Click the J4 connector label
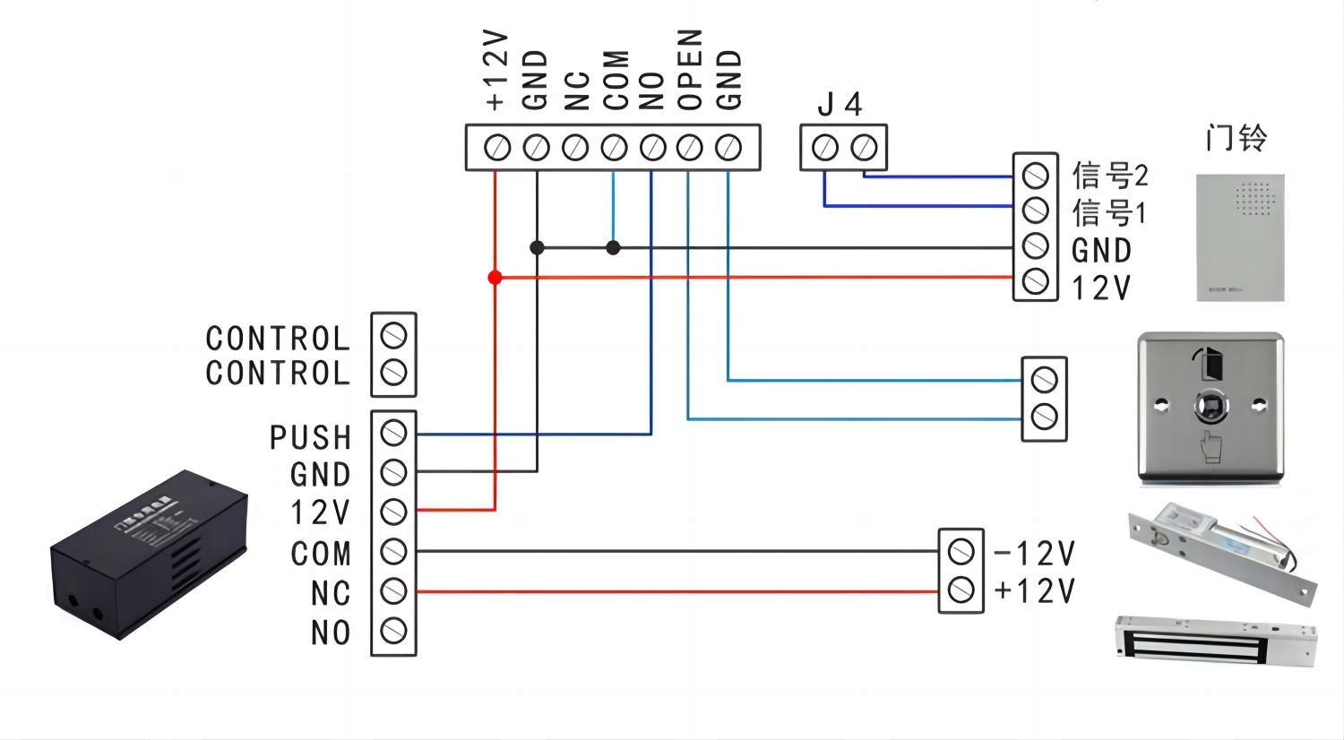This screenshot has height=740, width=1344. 840,105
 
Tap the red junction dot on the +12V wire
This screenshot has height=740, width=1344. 495,277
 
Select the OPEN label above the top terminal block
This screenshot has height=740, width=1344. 690,69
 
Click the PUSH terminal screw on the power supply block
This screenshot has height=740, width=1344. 393,434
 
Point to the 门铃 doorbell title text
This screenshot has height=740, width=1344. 1236,138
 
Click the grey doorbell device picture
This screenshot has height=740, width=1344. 1240,237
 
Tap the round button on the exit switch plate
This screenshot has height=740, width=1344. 1210,407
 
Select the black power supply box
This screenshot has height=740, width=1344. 149,555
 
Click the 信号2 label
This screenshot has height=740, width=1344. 1110,176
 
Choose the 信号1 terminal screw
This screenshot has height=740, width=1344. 1036,210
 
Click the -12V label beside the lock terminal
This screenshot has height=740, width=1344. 1034,553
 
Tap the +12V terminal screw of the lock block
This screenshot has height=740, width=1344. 961,590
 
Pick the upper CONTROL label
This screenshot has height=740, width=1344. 278,339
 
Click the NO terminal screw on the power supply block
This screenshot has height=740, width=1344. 393,631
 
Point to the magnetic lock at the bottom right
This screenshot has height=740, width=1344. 1216,641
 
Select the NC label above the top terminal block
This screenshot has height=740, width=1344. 577,90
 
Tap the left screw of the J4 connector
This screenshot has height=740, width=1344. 825,148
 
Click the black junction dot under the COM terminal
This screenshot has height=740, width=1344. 613,247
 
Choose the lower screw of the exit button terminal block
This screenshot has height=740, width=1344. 1044,417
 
